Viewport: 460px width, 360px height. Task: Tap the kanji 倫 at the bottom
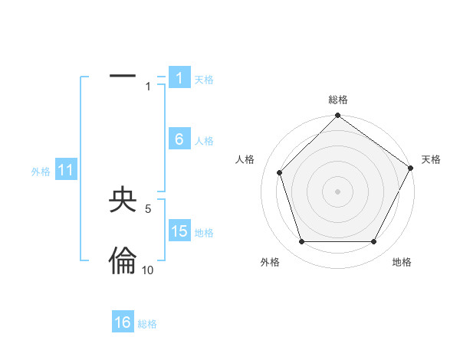pos(123,261)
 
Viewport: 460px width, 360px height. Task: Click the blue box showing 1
pos(179,78)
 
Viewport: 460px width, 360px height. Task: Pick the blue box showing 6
pos(179,139)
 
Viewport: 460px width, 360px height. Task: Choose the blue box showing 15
pos(179,231)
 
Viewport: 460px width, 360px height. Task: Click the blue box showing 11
pos(66,170)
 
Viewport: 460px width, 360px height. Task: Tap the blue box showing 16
pos(123,322)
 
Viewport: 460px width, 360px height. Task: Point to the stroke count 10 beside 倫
pos(147,270)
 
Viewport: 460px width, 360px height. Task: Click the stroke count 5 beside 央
pos(147,208)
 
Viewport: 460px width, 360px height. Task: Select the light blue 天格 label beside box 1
pos(204,79)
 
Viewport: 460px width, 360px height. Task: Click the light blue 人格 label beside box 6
pos(204,140)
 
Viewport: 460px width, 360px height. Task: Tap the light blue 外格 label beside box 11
pos(41,172)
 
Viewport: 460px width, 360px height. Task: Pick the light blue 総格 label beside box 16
pos(147,324)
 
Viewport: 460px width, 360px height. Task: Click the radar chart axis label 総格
pos(338,100)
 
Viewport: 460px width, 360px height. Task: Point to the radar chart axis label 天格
pos(432,159)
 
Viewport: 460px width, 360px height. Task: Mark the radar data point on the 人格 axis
pos(280,172)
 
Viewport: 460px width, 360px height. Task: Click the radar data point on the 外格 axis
pos(301,242)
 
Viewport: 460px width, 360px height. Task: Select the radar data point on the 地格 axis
pos(374,242)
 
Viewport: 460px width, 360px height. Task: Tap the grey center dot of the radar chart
pos(338,191)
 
